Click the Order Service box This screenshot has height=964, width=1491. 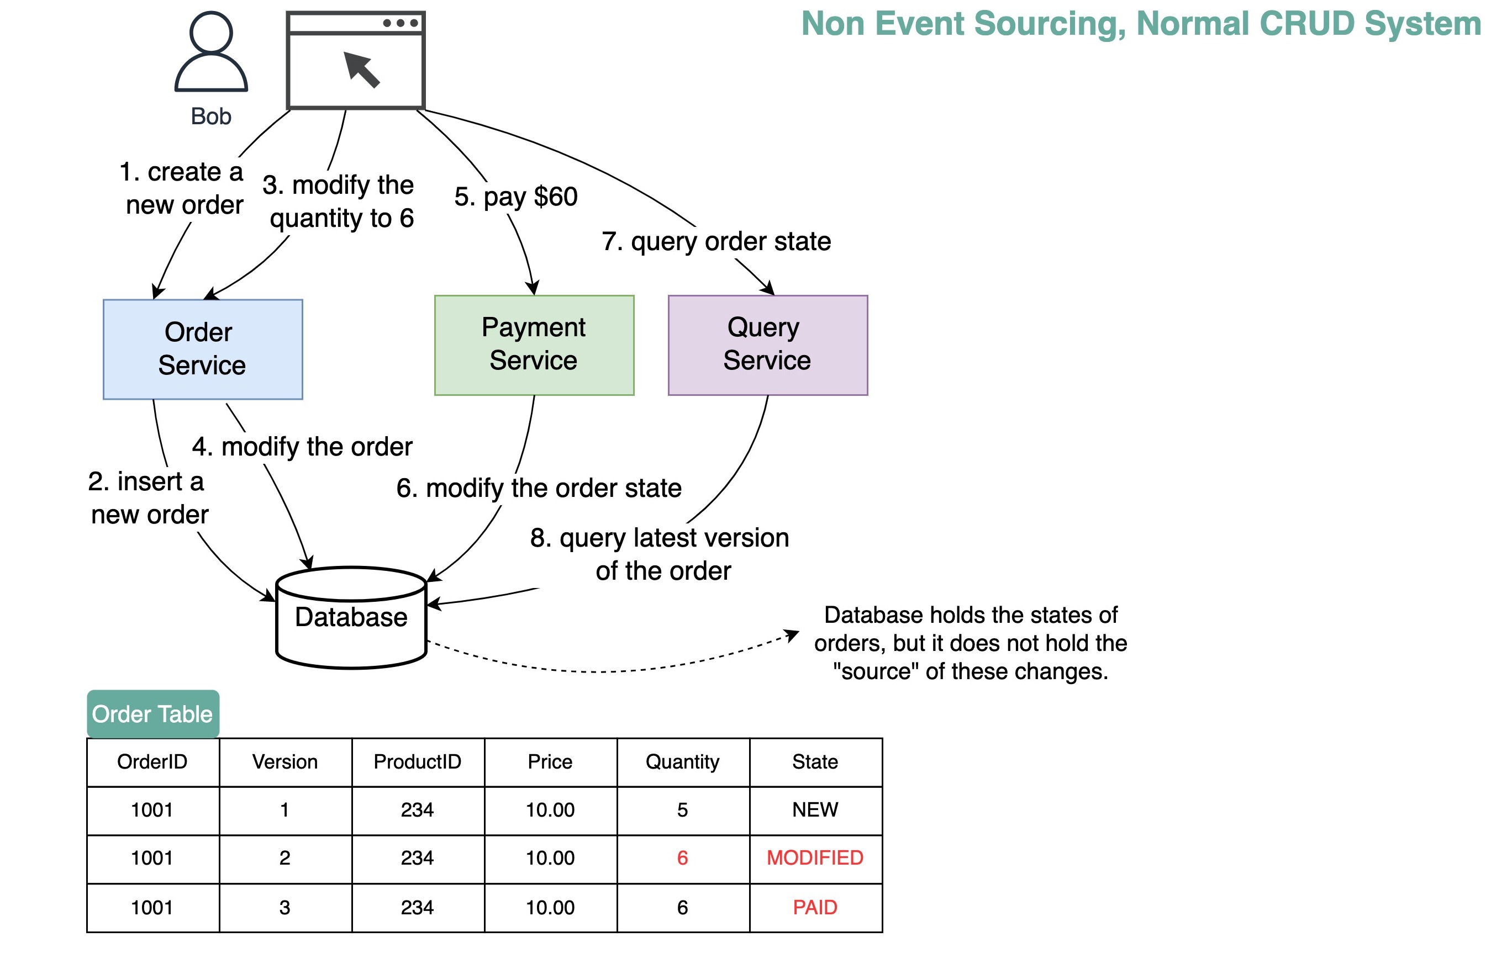[202, 349]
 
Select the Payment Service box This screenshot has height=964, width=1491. [534, 345]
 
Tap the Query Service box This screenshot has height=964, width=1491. [767, 345]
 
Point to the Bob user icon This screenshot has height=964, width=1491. [211, 53]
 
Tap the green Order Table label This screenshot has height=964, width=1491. [153, 713]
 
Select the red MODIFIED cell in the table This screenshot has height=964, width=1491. [815, 857]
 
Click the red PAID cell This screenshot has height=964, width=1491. [815, 907]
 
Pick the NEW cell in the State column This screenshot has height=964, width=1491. [815, 809]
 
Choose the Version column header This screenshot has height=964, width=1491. [285, 761]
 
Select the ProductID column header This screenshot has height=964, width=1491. [417, 761]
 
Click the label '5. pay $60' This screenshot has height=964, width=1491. [515, 197]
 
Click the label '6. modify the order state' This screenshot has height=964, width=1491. [539, 488]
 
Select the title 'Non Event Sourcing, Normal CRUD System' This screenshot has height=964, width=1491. [1140, 24]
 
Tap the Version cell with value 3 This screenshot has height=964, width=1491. [285, 907]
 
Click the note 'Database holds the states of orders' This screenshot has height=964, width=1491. [970, 643]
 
